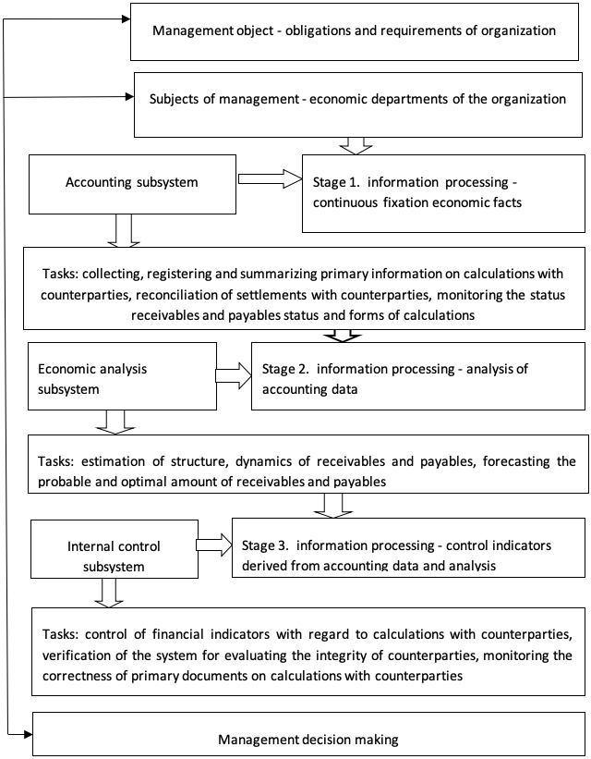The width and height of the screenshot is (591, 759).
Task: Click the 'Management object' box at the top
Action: click(355, 31)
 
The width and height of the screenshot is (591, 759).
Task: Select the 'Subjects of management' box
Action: click(358, 104)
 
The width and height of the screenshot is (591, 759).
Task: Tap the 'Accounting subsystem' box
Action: click(133, 184)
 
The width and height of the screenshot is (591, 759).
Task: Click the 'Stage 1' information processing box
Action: click(443, 193)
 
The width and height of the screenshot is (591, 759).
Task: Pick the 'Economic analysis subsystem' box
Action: click(123, 376)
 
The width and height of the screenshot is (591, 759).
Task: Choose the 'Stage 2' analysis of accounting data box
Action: click(418, 376)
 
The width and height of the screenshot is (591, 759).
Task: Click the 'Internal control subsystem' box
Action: click(115, 549)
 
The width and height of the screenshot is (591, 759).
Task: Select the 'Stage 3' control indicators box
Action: click(409, 547)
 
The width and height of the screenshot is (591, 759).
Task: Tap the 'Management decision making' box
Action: click(308, 734)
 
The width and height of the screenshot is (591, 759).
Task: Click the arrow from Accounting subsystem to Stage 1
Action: click(270, 179)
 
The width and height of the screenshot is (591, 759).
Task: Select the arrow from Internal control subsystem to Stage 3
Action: click(214, 545)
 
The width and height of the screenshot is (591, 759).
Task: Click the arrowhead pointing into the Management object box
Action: click(127, 18)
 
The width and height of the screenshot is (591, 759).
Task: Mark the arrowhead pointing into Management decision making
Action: click(28, 735)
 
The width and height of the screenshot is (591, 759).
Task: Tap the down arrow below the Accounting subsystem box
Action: click(124, 231)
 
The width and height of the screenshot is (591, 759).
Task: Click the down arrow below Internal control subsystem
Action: click(109, 593)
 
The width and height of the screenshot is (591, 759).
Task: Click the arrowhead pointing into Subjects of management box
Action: click(129, 97)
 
